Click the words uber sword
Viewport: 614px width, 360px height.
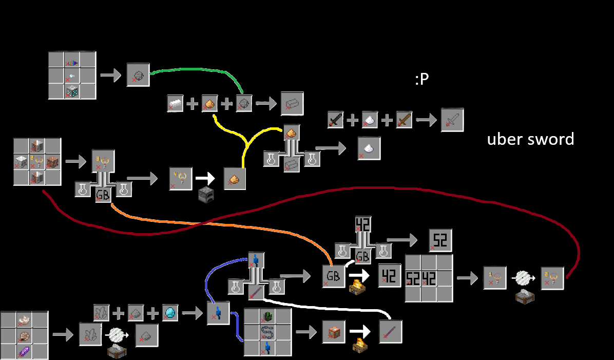click(x=531, y=140)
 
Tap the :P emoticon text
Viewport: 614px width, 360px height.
click(x=421, y=79)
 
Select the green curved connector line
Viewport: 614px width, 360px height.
click(x=196, y=70)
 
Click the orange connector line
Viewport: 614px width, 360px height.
click(x=219, y=224)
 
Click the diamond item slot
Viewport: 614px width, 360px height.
click(x=170, y=313)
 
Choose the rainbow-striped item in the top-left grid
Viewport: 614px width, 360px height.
click(x=72, y=63)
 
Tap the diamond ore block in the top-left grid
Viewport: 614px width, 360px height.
click(x=72, y=91)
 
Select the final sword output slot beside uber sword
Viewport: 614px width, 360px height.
click(x=452, y=120)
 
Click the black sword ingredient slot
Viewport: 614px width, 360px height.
click(x=336, y=120)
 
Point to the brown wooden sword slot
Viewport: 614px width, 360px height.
click(x=404, y=120)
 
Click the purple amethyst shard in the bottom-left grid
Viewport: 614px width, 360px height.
click(x=24, y=351)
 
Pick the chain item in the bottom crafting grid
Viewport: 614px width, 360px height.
click(x=268, y=332)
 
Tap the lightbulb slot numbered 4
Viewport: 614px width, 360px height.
click(x=181, y=179)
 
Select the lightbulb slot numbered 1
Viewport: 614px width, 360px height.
click(x=494, y=278)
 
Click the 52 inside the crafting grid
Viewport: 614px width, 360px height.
click(x=413, y=278)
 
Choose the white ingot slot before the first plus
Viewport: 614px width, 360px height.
click(x=175, y=104)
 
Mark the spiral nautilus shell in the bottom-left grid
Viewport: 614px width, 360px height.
click(x=24, y=335)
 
